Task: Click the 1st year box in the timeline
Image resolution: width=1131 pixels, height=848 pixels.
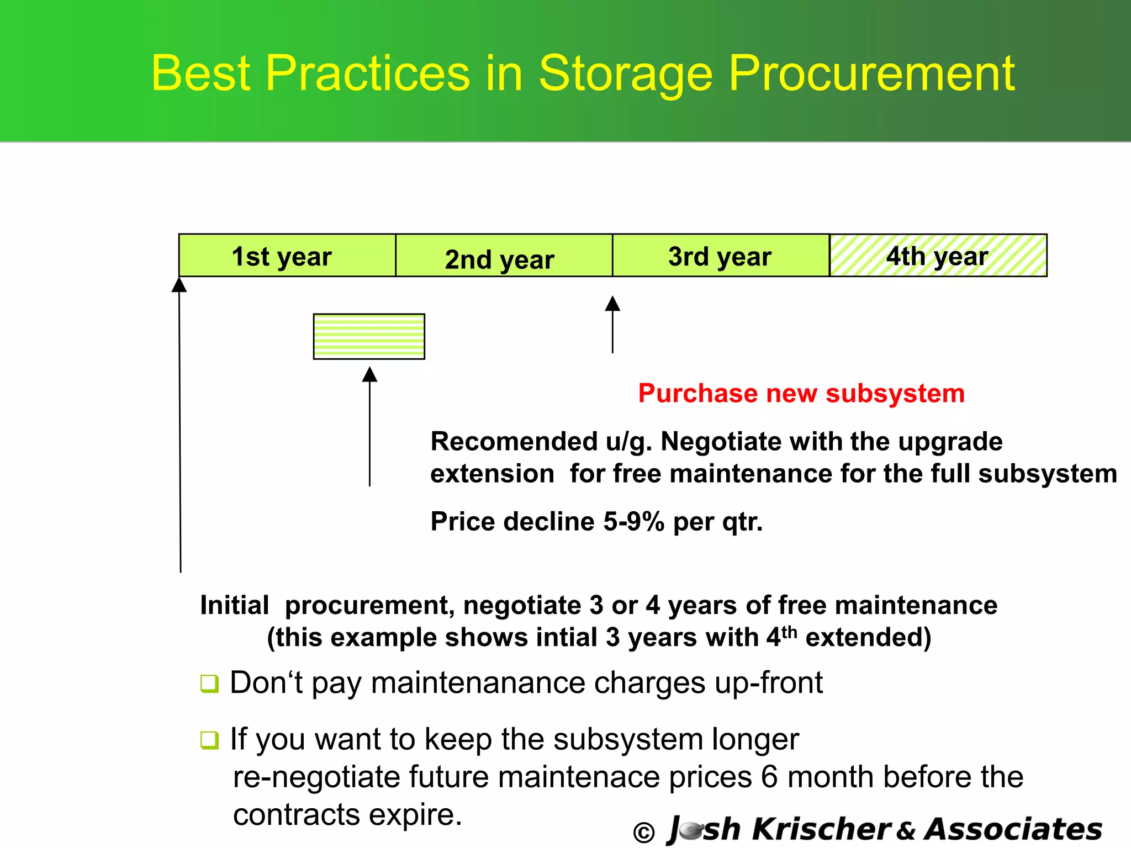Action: click(x=287, y=256)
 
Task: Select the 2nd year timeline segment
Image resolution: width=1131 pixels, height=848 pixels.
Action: click(x=504, y=256)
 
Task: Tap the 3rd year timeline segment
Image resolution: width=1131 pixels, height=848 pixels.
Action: click(x=720, y=256)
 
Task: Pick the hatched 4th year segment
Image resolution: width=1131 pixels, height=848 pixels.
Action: click(x=938, y=256)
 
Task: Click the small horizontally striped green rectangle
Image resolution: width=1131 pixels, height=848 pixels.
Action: click(x=369, y=336)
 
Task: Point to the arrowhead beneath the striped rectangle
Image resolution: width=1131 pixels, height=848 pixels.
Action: click(x=369, y=375)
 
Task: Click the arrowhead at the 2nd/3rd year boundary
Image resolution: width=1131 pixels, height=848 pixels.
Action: click(x=612, y=304)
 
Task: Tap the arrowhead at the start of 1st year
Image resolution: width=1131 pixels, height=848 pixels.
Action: click(x=179, y=285)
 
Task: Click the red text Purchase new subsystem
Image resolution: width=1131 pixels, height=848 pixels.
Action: click(x=801, y=394)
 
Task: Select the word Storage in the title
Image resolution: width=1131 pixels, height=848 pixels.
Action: click(x=625, y=73)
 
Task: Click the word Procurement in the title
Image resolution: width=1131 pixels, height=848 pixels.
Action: click(x=871, y=73)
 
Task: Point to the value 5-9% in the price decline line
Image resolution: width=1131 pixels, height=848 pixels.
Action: click(x=633, y=522)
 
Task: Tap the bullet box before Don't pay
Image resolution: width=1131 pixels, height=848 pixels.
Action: click(x=209, y=683)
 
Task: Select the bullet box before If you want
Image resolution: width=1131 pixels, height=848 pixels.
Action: click(x=209, y=740)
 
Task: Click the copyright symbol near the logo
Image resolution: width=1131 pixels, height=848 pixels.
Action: click(x=644, y=832)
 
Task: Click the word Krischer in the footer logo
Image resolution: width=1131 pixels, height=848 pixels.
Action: click(x=821, y=829)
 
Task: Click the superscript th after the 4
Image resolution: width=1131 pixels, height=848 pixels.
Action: click(x=790, y=631)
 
